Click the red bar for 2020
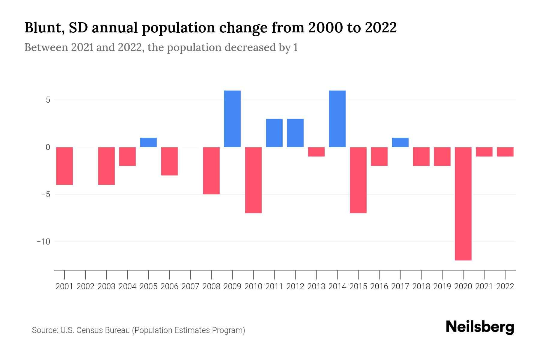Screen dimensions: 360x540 click(x=463, y=203)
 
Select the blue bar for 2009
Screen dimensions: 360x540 click(x=232, y=118)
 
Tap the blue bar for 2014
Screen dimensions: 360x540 click(x=337, y=118)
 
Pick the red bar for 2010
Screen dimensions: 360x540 click(x=253, y=180)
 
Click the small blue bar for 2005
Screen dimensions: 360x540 click(x=148, y=142)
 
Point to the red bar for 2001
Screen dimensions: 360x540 click(x=64, y=166)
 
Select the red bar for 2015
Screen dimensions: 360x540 click(x=358, y=180)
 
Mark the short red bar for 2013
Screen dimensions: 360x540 click(x=316, y=152)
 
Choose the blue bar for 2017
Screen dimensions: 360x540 click(x=400, y=142)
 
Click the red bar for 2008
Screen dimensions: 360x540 click(x=211, y=170)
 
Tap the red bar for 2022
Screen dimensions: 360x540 click(x=505, y=152)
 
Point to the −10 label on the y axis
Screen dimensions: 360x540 click(x=43, y=241)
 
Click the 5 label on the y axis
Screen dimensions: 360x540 click(x=48, y=100)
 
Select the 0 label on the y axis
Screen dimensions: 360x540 click(x=48, y=147)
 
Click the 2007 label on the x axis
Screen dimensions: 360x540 click(x=190, y=286)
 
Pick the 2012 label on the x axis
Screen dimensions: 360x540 click(x=295, y=286)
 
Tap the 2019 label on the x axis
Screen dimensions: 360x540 click(x=442, y=286)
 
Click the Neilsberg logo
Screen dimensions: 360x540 click(x=480, y=327)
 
